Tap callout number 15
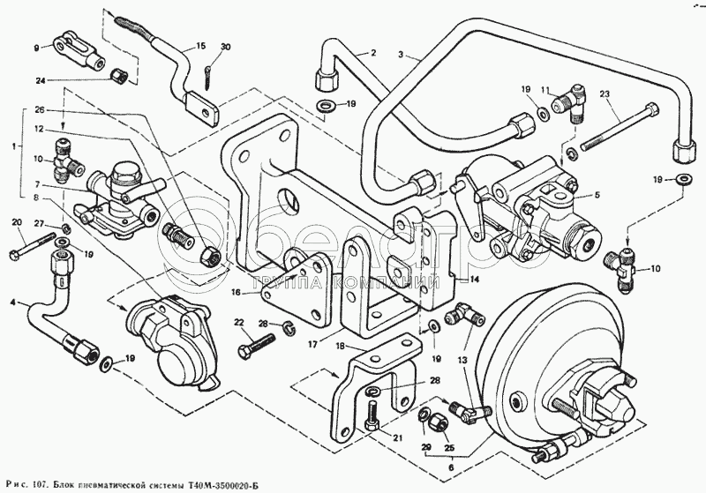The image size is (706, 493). pyautogui.click(x=200, y=46)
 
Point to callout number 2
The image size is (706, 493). pyautogui.click(x=372, y=52)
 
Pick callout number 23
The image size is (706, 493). pyautogui.click(x=605, y=94)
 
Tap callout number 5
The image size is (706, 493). pyautogui.click(x=597, y=195)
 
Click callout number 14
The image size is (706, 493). pyautogui.click(x=474, y=280)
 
